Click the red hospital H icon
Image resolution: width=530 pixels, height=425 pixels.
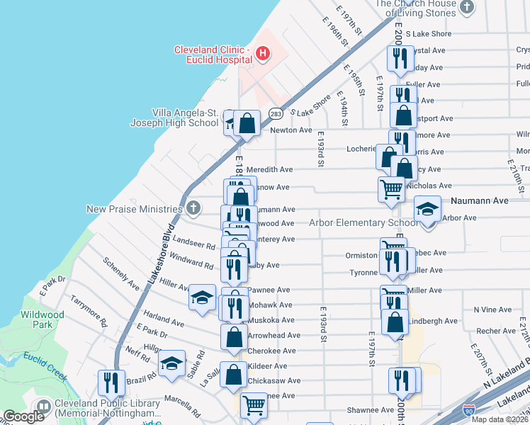tap(263, 52)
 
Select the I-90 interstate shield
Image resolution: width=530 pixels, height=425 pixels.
tap(468, 410)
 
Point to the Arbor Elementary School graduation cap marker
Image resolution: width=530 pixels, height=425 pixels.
tap(427, 210)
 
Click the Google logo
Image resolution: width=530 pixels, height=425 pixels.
tap(23, 416)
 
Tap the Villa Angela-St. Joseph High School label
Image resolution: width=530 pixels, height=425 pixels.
tap(174, 118)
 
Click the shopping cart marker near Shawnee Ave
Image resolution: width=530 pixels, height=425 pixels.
tap(254, 406)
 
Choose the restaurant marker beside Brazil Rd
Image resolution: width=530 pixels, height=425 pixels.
tap(111, 382)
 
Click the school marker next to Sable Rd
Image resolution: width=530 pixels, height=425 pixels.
tap(171, 363)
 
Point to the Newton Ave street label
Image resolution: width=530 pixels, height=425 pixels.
tap(291, 130)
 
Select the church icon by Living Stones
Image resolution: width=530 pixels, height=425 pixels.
tap(466, 7)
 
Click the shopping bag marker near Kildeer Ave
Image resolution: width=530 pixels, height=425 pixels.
tap(233, 375)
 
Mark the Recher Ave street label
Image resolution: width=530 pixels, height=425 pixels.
tap(495, 331)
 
